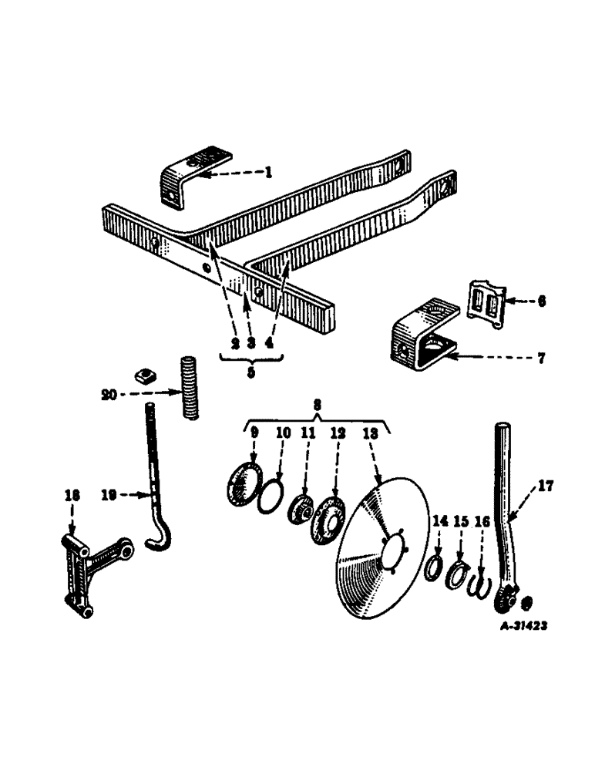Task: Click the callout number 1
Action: point(268,173)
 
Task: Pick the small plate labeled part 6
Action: point(484,306)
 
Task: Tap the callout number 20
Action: point(109,394)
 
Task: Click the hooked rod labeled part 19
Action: point(155,493)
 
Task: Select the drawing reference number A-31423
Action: point(523,627)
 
